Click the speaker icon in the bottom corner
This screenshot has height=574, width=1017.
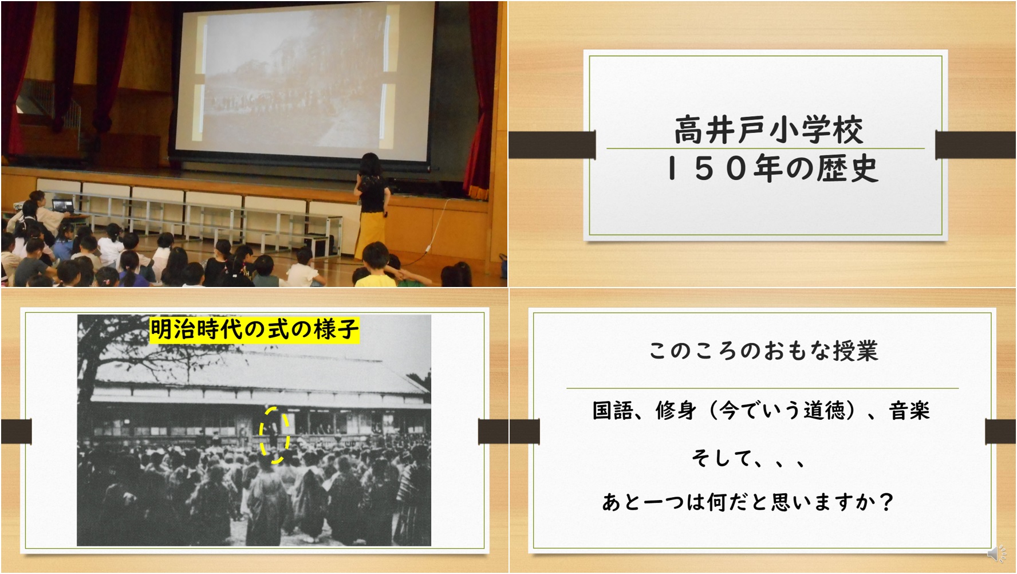coord(997,553)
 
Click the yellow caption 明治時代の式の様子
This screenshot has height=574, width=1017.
coord(254,329)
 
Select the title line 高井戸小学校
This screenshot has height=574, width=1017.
coord(768,130)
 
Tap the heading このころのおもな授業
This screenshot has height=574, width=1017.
coord(763,351)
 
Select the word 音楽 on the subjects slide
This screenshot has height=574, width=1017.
coord(909,410)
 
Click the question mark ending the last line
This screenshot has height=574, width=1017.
coord(886,502)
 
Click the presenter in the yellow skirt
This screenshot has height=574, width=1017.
coord(373,203)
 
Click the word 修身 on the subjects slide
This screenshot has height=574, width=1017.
coord(676,410)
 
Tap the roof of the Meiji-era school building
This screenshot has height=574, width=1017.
coord(258,372)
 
